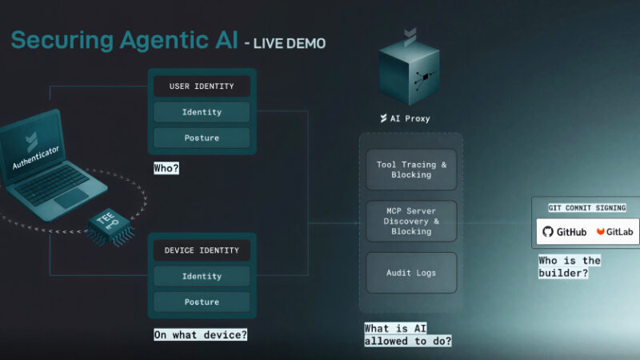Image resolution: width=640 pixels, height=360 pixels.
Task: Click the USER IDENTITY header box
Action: pos(202,86)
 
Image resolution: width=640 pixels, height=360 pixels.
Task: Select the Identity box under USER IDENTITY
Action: pos(202,112)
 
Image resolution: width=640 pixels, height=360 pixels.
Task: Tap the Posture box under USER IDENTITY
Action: pos(202,138)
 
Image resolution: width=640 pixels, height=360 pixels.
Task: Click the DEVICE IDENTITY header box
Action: pos(202,250)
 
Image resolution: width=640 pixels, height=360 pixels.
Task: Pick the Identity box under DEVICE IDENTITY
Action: pos(202,276)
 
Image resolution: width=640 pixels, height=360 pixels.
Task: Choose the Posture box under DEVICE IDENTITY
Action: pos(202,302)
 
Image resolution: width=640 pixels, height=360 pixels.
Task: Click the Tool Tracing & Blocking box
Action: pos(411,170)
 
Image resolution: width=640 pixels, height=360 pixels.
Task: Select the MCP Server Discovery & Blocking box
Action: pos(411,221)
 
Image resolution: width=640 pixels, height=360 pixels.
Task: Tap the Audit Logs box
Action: pos(411,273)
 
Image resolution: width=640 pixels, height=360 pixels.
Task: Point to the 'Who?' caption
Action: pos(166,169)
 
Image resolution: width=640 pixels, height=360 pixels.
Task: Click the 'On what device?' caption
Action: pos(201,334)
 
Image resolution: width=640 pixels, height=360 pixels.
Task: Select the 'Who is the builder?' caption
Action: pos(570,266)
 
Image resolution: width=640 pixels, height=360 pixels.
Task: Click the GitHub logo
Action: pos(565,232)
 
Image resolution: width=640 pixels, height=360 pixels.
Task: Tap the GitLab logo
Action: pos(614,232)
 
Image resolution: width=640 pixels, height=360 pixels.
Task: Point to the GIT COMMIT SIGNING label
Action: pos(587,208)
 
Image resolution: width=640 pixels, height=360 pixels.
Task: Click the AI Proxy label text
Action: pos(410,118)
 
